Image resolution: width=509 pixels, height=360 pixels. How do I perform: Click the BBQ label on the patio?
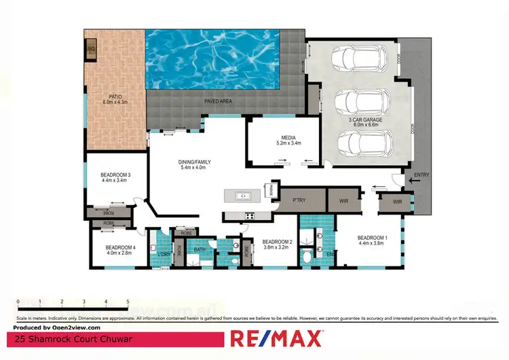pyautogui.click(x=90, y=50)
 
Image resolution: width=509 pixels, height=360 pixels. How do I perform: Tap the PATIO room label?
pyautogui.click(x=111, y=99)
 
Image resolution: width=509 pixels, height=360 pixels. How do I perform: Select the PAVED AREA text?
pyautogui.click(x=219, y=101)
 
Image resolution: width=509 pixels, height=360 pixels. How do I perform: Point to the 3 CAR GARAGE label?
pyautogui.click(x=366, y=122)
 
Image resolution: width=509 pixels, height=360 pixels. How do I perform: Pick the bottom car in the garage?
pyautogui.click(x=365, y=144)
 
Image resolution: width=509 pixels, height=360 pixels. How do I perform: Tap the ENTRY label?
pyautogui.click(x=421, y=175)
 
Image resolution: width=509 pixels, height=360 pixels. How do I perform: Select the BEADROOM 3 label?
pyautogui.click(x=115, y=177)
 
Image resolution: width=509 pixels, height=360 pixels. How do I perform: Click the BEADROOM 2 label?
pyautogui.click(x=277, y=244)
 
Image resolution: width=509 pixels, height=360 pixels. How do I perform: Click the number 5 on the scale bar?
pyautogui.click(x=128, y=301)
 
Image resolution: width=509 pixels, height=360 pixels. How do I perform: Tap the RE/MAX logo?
pyautogui.click(x=277, y=338)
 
